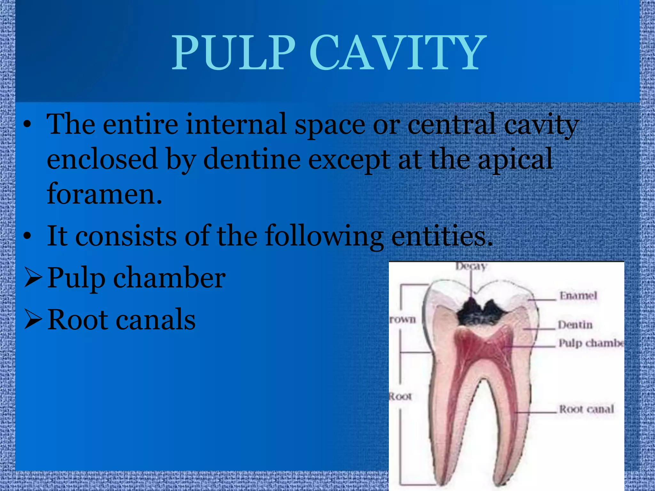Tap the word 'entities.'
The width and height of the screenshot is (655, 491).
coord(442,237)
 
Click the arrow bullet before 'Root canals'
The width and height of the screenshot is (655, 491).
coord(33,320)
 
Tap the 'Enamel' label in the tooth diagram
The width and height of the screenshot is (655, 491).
coord(578,296)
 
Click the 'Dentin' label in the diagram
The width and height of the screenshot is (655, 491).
coord(575,325)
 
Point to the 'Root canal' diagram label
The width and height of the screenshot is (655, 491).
coord(586,409)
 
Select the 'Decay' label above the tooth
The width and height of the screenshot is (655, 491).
coord(471,266)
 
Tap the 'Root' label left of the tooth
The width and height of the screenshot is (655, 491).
coord(400,397)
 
